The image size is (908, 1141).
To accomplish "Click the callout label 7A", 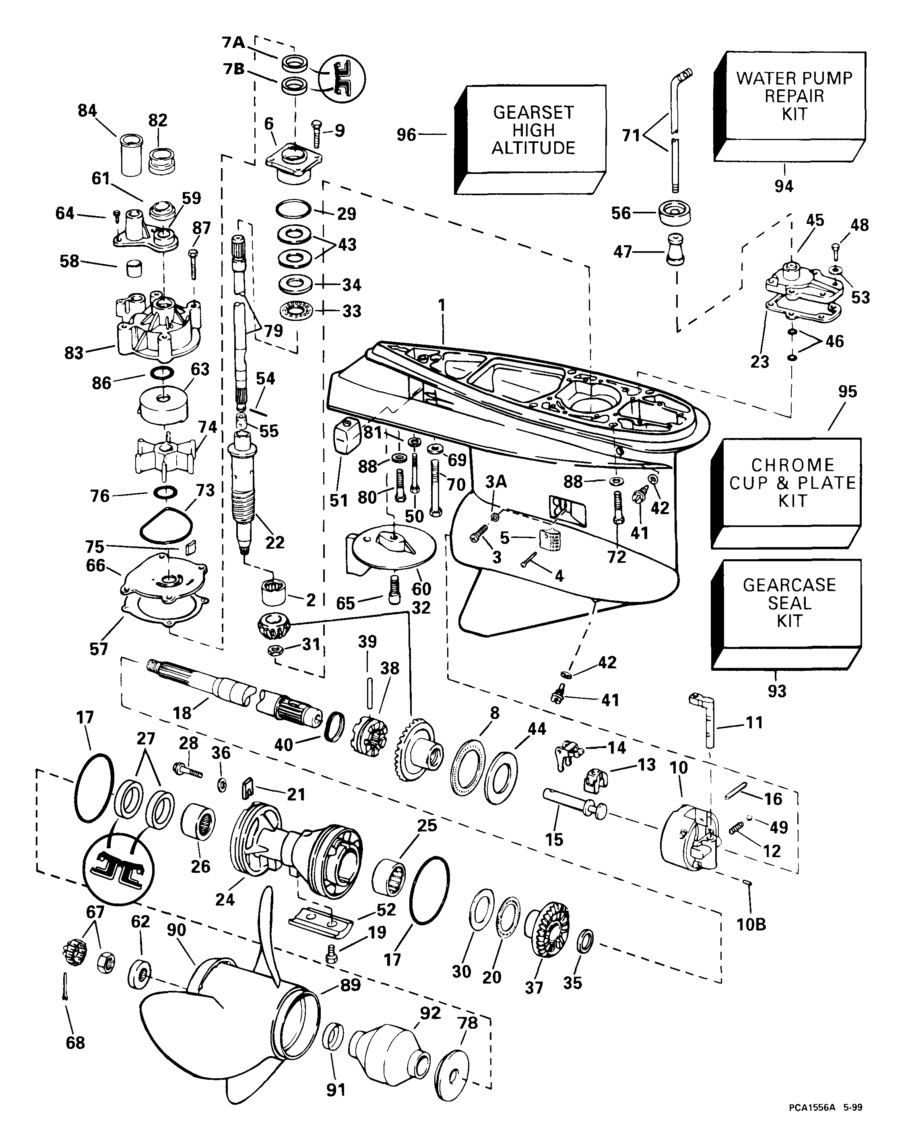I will pyautogui.click(x=233, y=42).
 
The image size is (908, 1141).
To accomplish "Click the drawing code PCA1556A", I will pyautogui.click(x=809, y=1121).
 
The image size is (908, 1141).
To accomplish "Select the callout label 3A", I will pyautogui.click(x=496, y=482).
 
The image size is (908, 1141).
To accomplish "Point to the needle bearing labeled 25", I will pyautogui.click(x=389, y=878).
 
